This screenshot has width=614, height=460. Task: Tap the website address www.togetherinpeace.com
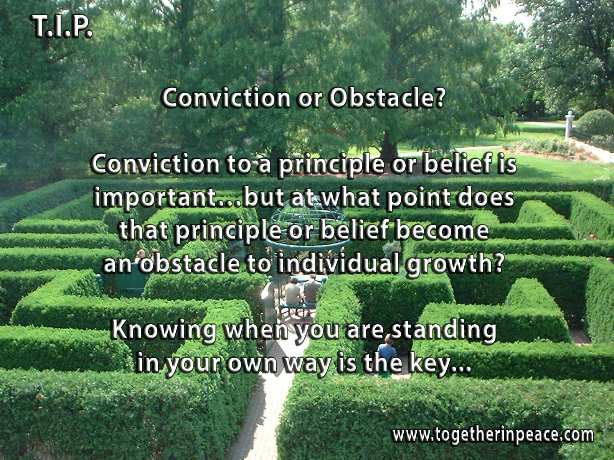[493, 435]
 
